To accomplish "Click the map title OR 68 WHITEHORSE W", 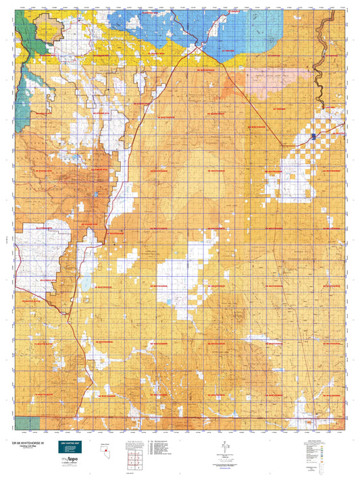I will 32,444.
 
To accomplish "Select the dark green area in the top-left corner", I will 26,27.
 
